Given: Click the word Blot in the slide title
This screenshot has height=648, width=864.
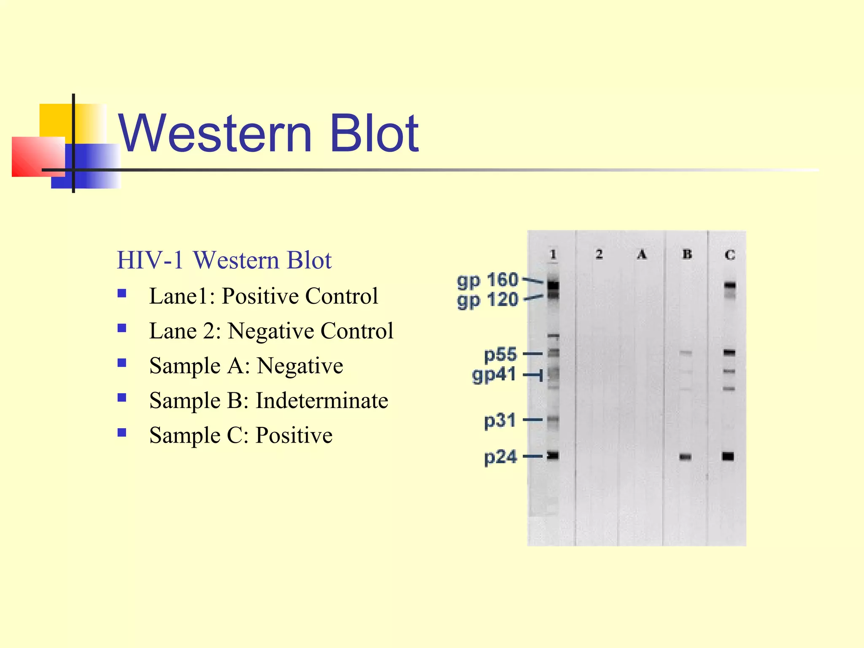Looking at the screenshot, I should (374, 133).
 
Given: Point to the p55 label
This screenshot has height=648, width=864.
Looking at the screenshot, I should (500, 354).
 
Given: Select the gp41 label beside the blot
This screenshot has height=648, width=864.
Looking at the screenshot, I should (494, 375).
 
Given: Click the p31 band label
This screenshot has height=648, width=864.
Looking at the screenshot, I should (500, 420).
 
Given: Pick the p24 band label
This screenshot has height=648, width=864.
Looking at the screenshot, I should (500, 457).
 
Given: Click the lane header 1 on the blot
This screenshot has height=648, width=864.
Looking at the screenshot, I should (553, 254).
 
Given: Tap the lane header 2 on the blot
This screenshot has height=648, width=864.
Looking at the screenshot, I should (599, 254).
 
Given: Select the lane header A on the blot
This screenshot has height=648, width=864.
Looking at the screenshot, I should (642, 254).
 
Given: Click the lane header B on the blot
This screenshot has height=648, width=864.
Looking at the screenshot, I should (687, 254).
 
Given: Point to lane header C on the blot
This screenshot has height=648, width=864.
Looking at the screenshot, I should (730, 255).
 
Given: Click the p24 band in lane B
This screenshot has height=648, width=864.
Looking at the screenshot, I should (686, 457).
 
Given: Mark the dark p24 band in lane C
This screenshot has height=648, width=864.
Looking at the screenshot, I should (728, 456).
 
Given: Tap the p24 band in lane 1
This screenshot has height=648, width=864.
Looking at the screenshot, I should (553, 455).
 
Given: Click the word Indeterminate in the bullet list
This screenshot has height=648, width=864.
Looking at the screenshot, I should (322, 400).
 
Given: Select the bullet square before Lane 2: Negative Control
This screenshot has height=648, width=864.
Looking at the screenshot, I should (122, 328).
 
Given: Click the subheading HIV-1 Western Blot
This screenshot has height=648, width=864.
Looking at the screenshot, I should (224, 260).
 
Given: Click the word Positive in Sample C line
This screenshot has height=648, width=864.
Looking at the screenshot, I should (294, 435).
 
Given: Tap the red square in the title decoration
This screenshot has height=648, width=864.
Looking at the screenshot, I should (38, 157).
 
